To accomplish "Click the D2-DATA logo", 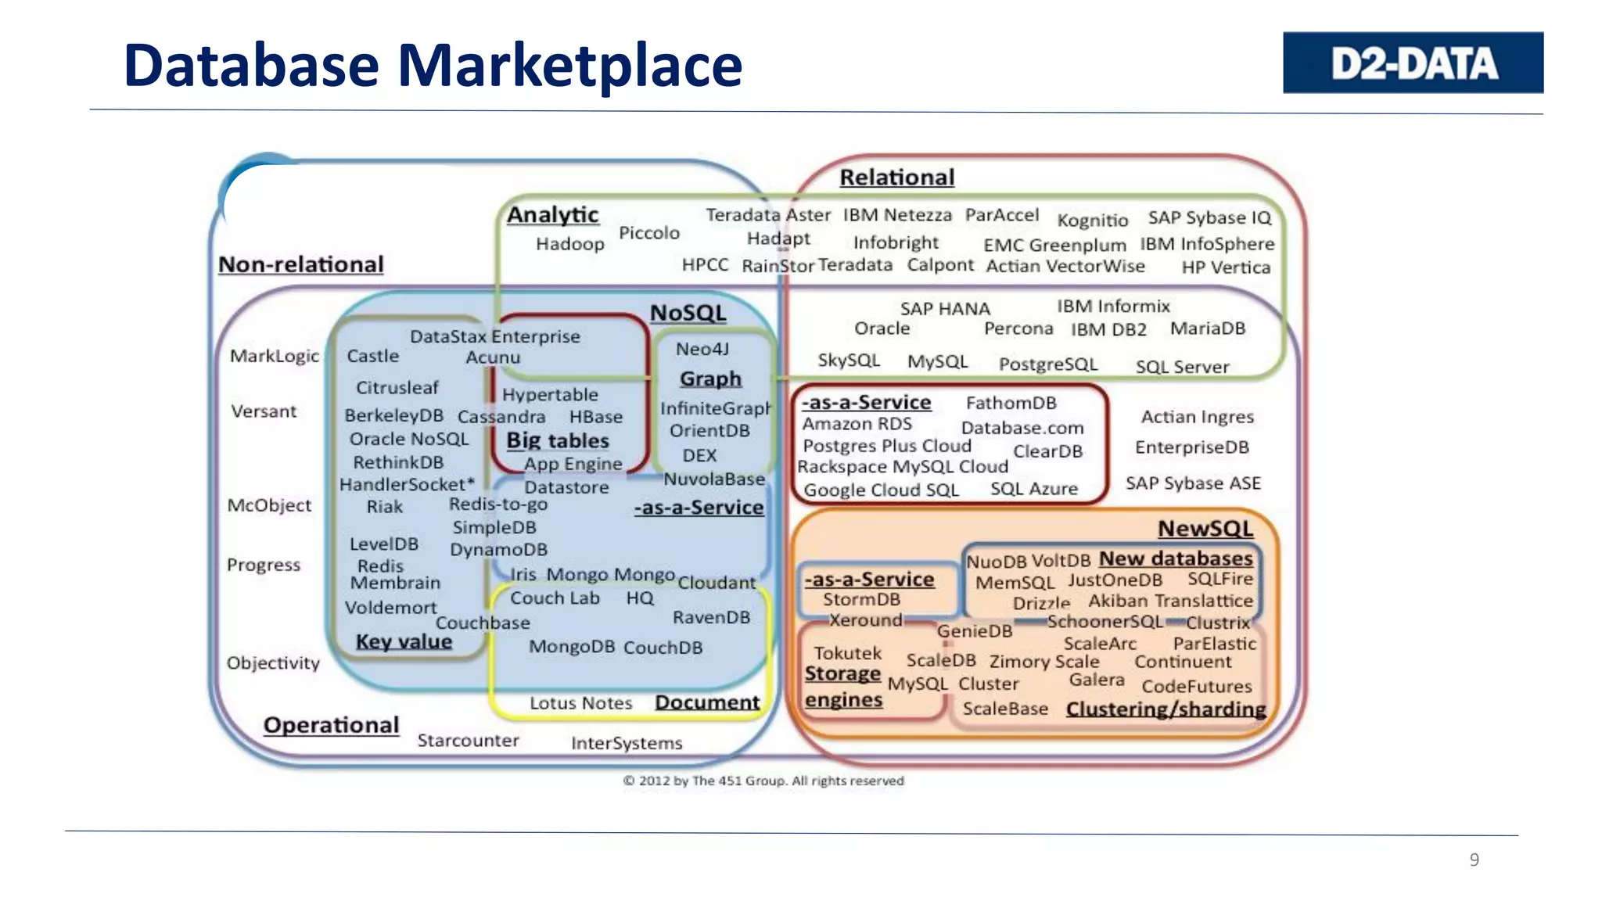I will coord(1413,63).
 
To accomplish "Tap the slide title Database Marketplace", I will coord(433,65).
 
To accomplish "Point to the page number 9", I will coord(1474,860).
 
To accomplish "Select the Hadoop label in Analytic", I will coord(569,244).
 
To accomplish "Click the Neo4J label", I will coord(702,349).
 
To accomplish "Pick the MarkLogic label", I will coord(275,356).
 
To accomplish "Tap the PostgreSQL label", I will coord(1048,364).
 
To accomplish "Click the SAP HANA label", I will coord(945,309).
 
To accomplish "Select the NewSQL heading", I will coord(1205,529).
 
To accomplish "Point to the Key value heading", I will coord(404,641).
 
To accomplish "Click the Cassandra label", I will coord(501,417).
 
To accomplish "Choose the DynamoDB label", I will coord(498,550).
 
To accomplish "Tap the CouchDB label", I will coord(663,648).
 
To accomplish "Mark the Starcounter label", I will coord(468,740).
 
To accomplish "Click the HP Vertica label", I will coord(1226,267).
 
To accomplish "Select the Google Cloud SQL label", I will coord(881,490).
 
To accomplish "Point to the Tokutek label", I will coord(847,653).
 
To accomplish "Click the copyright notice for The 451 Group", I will coord(763,781).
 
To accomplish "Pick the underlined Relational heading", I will coord(896,178).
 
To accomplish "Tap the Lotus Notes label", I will coord(580,703).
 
